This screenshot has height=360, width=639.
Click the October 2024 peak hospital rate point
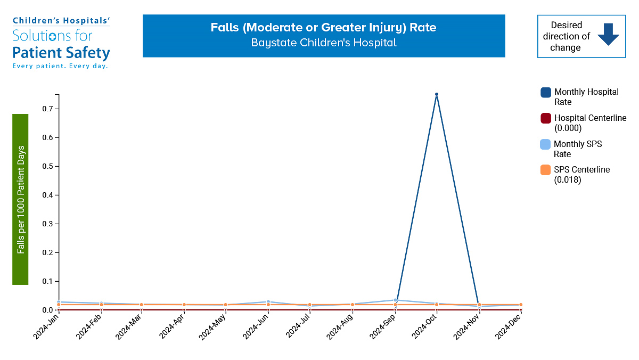pos(437,94)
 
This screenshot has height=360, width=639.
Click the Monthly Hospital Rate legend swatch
pos(546,92)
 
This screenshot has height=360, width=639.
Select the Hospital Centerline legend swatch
pos(546,118)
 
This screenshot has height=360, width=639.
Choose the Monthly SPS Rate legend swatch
pos(546,144)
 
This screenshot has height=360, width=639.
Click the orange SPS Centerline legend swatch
pos(546,170)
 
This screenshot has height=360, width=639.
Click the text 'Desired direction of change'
pos(566,36)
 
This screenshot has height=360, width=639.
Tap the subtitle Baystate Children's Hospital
pos(324,43)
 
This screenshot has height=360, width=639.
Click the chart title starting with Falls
pos(323,27)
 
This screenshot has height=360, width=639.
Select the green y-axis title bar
pos(20,199)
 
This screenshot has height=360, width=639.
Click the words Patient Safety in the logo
pos(61,53)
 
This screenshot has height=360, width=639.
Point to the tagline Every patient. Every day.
pos(60,66)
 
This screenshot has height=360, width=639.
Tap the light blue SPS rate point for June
pos(268,302)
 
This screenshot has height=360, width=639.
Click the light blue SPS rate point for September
pos(395,300)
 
